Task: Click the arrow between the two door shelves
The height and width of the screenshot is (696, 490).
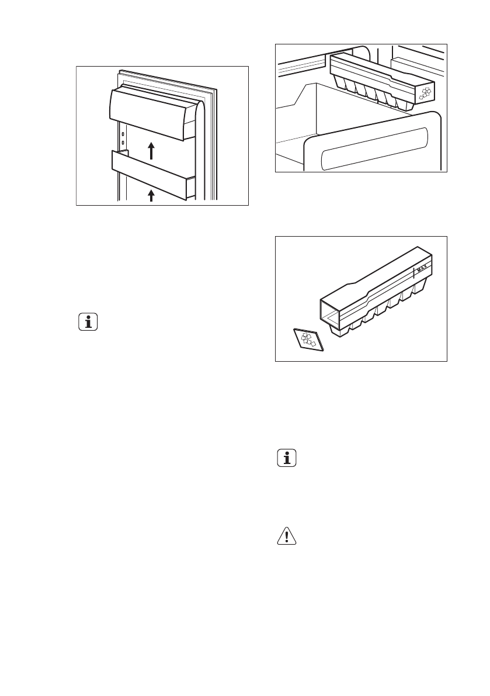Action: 151,150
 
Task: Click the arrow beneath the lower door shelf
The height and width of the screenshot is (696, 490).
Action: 151,195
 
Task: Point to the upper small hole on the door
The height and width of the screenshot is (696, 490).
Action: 123,134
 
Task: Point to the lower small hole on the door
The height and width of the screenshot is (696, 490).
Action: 123,142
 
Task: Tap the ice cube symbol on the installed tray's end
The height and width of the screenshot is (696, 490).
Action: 425,92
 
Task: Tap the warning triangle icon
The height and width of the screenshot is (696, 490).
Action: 286,536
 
